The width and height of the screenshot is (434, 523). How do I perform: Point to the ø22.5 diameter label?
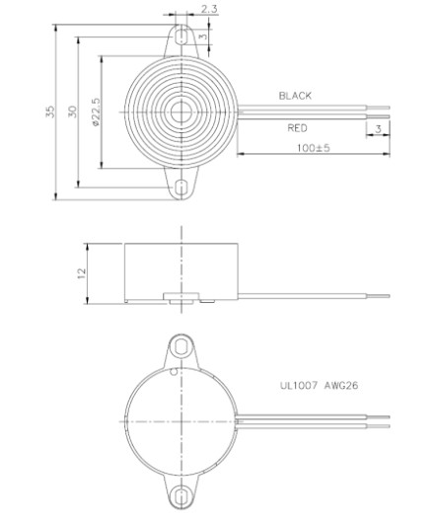(96, 112)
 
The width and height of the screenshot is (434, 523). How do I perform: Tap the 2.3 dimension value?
(208, 10)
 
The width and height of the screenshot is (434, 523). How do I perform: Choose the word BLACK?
(295, 96)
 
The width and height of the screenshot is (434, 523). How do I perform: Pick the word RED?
(298, 128)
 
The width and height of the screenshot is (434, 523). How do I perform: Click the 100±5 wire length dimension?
(314, 147)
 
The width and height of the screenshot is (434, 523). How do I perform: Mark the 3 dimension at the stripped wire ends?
(378, 130)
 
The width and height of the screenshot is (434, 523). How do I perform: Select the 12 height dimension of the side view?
(82, 271)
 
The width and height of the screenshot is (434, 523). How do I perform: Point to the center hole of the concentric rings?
(181, 112)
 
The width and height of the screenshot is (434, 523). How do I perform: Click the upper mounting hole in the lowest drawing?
(181, 346)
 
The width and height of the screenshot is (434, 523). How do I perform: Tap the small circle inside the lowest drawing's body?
(175, 374)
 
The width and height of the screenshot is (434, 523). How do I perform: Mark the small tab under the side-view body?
(181, 295)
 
